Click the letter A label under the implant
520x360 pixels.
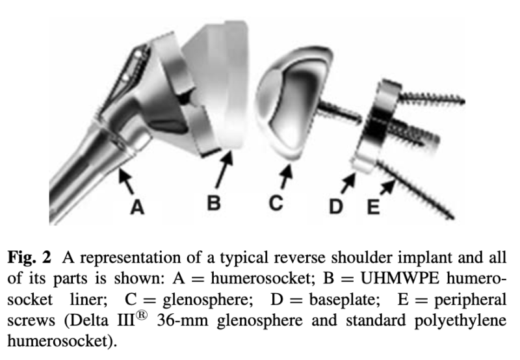click(138, 207)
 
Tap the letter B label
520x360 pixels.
click(214, 202)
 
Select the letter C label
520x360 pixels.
click(276, 203)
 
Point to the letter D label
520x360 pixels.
click(335, 206)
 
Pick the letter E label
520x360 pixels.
click(373, 207)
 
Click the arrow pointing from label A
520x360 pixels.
click(126, 181)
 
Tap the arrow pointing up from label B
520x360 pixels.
click(224, 169)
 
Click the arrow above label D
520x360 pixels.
click(348, 183)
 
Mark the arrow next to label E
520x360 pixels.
click(387, 186)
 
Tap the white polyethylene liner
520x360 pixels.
click(217, 84)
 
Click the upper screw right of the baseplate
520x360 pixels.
click(431, 97)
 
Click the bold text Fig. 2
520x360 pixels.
click(29, 257)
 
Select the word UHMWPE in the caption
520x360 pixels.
click(400, 278)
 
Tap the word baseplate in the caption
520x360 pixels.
click(344, 300)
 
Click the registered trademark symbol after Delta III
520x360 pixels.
click(141, 315)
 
